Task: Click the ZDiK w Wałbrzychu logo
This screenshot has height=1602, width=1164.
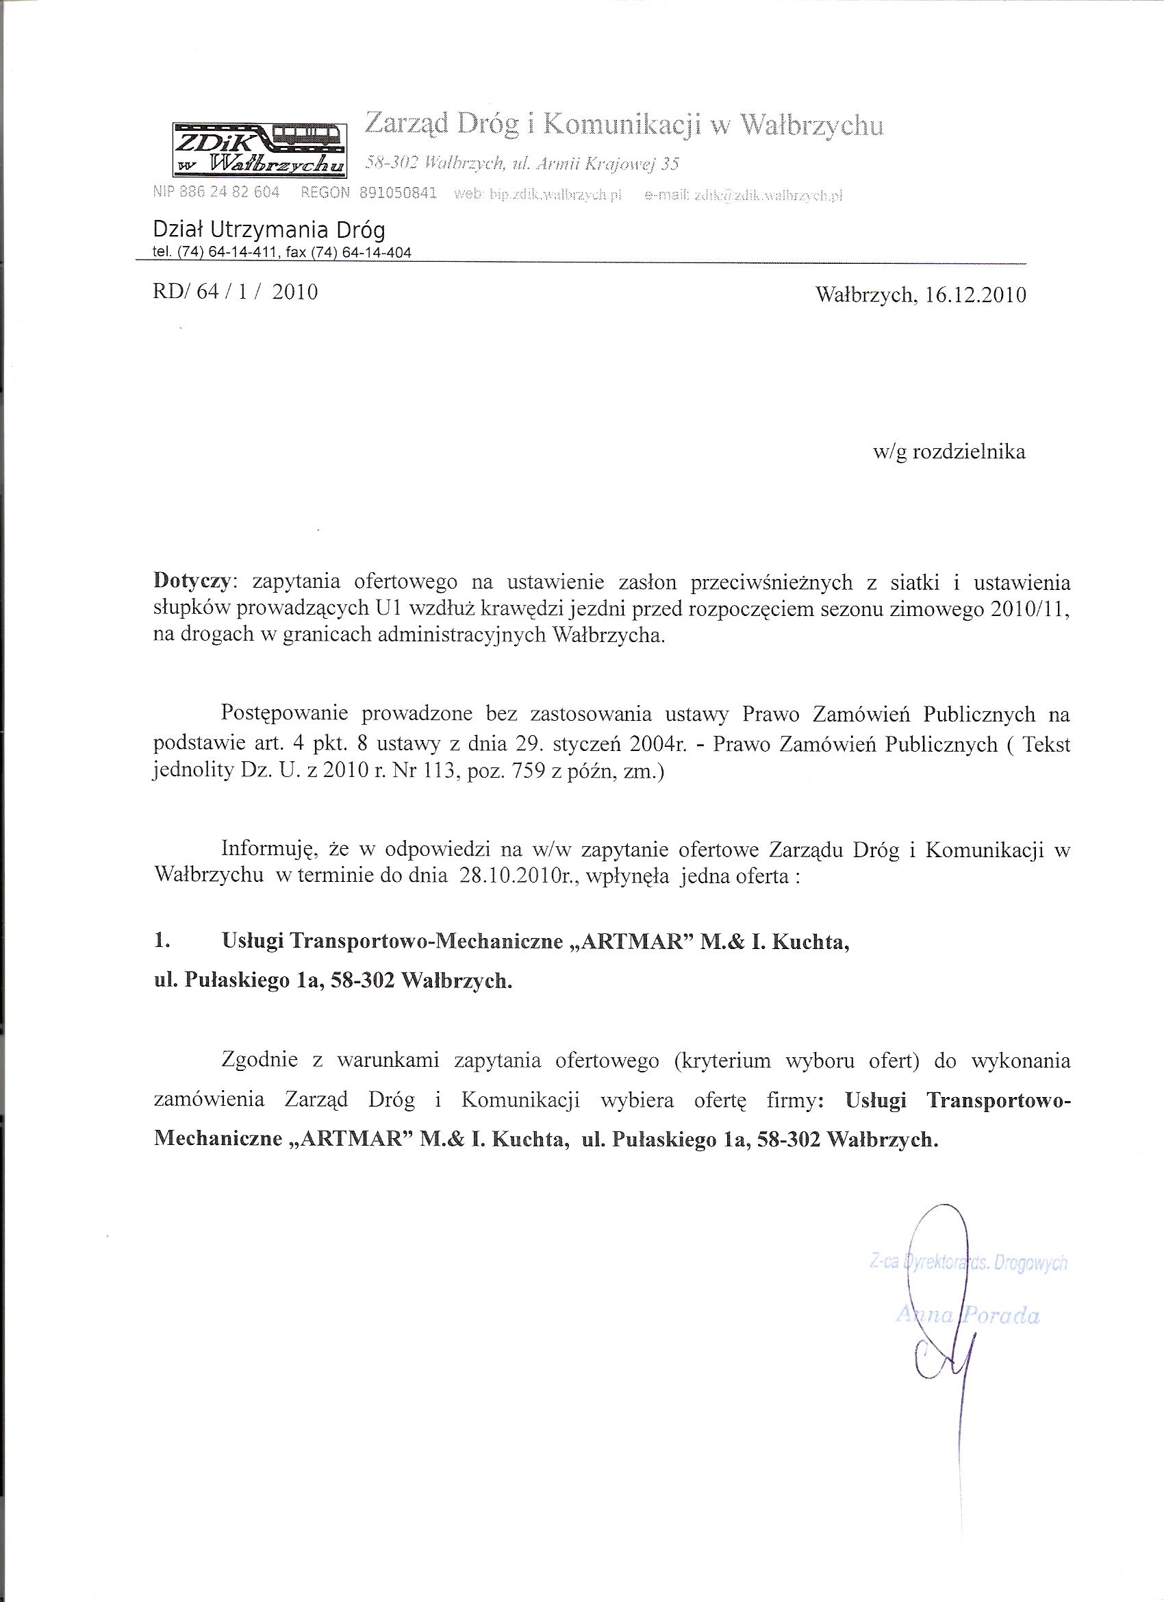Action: pos(260,149)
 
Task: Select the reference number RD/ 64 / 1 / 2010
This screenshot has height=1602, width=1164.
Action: pos(235,292)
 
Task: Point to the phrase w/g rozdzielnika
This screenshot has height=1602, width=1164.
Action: pos(949,452)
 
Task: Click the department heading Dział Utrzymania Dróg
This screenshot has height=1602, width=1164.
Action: pos(269,230)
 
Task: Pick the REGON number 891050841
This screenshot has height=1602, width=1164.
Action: pos(398,193)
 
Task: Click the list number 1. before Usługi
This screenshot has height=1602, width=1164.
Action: pos(162,941)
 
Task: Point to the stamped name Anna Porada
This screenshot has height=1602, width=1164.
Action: pos(967,1315)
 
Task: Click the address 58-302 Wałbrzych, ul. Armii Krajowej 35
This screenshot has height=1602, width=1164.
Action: pos(522,164)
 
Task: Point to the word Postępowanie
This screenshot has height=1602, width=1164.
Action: pos(284,713)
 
